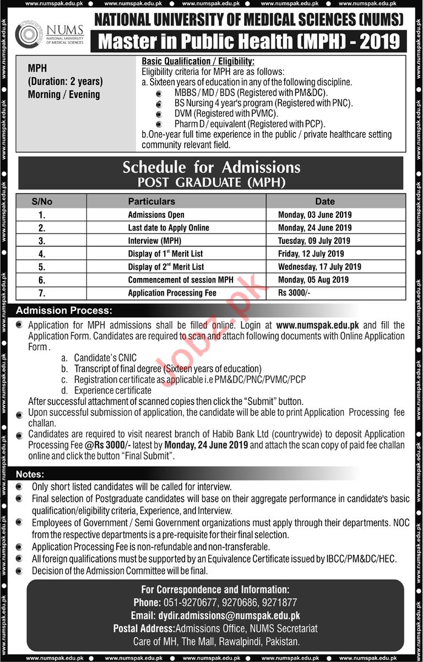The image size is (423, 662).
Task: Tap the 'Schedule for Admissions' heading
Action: click(x=211, y=167)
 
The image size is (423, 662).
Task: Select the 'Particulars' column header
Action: click(x=151, y=201)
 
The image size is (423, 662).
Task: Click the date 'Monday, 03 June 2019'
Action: click(x=314, y=215)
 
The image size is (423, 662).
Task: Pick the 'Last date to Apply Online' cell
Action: click(x=169, y=227)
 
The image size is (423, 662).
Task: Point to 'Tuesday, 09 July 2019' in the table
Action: click(x=315, y=241)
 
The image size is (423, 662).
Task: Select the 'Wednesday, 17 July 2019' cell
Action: click(x=319, y=267)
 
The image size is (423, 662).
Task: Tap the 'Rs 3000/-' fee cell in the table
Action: click(x=294, y=293)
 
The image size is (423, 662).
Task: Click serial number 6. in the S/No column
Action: click(x=42, y=280)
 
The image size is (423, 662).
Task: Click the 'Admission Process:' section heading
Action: click(x=64, y=311)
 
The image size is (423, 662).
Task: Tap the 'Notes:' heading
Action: click(x=30, y=474)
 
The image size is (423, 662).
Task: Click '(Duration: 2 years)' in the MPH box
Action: click(x=65, y=82)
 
